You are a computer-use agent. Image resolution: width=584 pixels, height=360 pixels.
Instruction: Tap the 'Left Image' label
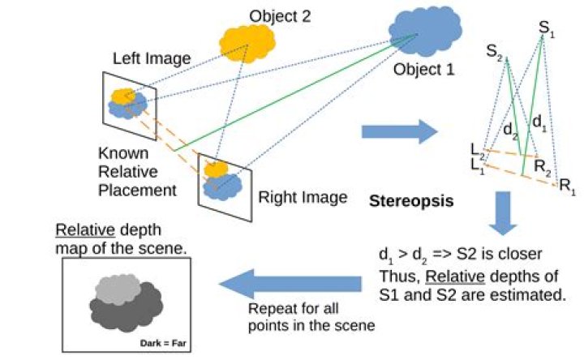pyautogui.click(x=152, y=58)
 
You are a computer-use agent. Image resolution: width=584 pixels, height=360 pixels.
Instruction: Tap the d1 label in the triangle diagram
pyautogui.click(x=536, y=121)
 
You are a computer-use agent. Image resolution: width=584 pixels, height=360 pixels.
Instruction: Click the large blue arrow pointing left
pyautogui.click(x=291, y=281)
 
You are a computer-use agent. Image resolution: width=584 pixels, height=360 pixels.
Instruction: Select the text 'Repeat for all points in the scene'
pyautogui.click(x=294, y=316)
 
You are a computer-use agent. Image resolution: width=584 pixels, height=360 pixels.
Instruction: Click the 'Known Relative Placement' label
pyautogui.click(x=137, y=171)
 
